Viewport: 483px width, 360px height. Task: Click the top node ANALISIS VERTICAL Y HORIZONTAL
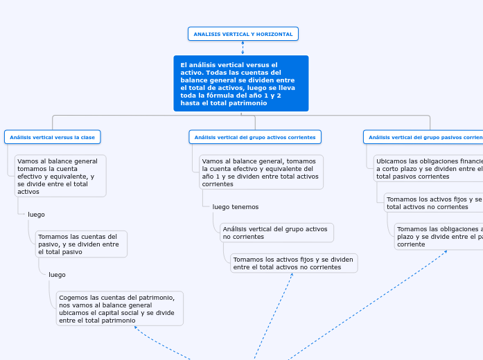pyautogui.click(x=243, y=34)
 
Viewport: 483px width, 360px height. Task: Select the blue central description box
pyautogui.click(x=240, y=83)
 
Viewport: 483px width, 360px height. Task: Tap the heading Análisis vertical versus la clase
pyautogui.click(x=52, y=137)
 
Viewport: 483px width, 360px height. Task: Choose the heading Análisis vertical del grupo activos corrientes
pyautogui.click(x=255, y=137)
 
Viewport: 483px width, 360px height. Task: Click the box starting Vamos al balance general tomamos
pyautogui.click(x=60, y=176)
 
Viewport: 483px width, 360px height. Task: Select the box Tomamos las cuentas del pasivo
pyautogui.click(x=81, y=244)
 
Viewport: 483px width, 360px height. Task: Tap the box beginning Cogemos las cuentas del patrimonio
pyautogui.click(x=120, y=308)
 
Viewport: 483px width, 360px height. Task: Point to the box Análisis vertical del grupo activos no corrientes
pyautogui.click(x=276, y=232)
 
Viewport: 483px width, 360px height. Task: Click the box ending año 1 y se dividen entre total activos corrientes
pyautogui.click(x=261, y=172)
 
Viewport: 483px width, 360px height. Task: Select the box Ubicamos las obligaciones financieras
pyautogui.click(x=428, y=168)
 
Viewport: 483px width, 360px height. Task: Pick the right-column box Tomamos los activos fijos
pyautogui.click(x=434, y=203)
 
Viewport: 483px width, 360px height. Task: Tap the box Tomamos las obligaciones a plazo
pyautogui.click(x=439, y=236)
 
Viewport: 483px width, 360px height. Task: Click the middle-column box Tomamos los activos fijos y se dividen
pyautogui.click(x=293, y=263)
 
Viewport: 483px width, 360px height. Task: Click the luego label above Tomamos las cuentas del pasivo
pyautogui.click(x=36, y=215)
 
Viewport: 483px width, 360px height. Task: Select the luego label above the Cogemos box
pyautogui.click(x=57, y=275)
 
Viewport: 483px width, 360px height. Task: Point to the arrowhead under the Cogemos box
pyautogui.click(x=136, y=329)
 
